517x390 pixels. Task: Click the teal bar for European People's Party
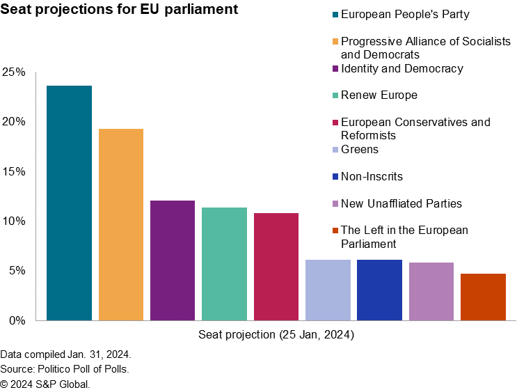(69, 203)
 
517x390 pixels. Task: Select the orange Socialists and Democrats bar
(121, 224)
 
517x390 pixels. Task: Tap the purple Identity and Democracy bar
(173, 260)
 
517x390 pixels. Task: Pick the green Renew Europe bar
(224, 264)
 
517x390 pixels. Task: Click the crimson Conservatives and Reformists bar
(276, 267)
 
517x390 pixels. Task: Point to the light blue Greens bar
(328, 290)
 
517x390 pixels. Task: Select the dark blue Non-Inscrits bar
(379, 290)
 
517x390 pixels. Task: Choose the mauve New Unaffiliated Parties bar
(431, 291)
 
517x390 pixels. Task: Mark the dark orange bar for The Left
(483, 297)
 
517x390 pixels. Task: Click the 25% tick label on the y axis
(14, 72)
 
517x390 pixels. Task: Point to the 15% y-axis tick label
(14, 171)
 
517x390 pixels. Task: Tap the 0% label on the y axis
(17, 320)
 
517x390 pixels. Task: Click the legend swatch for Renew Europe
(335, 95)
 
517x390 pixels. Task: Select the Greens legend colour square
(335, 150)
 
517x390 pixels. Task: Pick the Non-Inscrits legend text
(372, 177)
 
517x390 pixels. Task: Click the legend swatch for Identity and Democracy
(335, 69)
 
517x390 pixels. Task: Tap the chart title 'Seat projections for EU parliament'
(119, 10)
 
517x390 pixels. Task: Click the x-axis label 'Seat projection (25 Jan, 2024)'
(276, 335)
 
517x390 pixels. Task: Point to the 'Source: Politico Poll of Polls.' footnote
(65, 369)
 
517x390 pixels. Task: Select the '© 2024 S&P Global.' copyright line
(45, 384)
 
